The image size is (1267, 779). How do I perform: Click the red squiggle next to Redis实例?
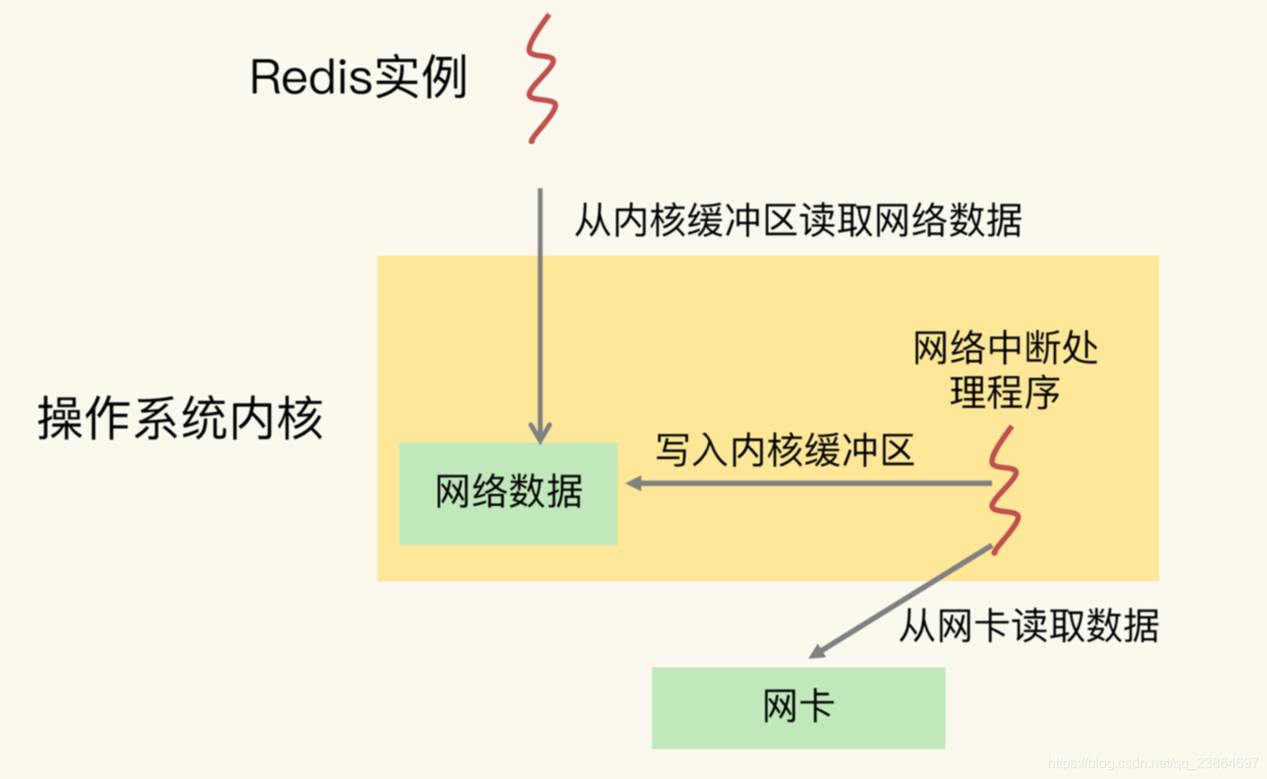tap(541, 78)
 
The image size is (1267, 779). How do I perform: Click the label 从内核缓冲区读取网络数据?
tap(798, 221)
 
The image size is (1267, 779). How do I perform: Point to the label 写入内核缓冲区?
tap(785, 451)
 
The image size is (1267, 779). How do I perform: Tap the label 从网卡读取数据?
tap(1028, 625)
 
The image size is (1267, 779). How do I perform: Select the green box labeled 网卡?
tap(798, 707)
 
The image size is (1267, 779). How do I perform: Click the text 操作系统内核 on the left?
tap(180, 419)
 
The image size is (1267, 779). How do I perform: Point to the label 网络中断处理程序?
tap(1005, 370)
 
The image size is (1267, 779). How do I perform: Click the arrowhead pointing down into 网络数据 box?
tap(540, 433)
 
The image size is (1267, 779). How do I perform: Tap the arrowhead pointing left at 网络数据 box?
tap(635, 483)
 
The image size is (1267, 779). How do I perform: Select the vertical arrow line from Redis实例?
tap(540, 303)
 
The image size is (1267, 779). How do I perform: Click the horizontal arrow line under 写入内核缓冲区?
tap(814, 483)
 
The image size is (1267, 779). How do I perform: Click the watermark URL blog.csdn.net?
tap(1152, 763)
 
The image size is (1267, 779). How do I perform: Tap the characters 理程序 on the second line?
tap(1005, 393)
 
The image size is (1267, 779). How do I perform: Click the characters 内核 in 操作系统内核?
tap(277, 419)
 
